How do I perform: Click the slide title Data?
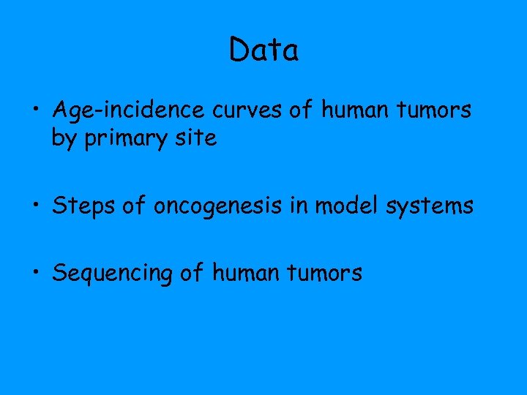coord(263,50)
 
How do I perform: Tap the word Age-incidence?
coord(130,111)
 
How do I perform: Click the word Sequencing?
coord(112,274)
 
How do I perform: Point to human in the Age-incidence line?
coord(354,110)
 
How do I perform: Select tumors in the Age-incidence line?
coord(431,110)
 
